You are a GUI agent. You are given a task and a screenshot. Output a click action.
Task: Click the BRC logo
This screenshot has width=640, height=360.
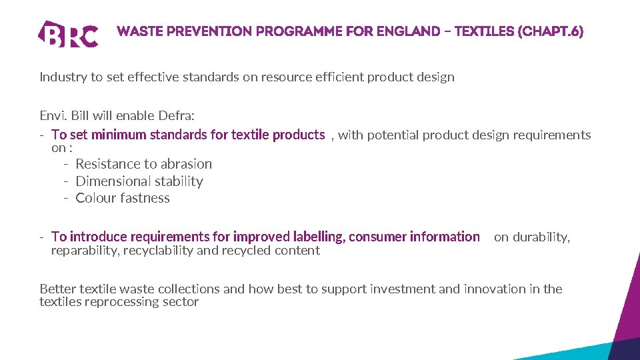pos(69,33)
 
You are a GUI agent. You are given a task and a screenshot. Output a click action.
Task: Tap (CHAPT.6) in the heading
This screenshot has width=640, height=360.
pos(551,31)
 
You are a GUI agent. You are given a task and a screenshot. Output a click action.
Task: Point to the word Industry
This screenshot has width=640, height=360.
pos(63,77)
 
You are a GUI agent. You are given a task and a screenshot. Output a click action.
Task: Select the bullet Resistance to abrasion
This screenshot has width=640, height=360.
pos(143,164)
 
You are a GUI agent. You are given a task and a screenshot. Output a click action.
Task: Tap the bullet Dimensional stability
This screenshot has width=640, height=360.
pos(139,181)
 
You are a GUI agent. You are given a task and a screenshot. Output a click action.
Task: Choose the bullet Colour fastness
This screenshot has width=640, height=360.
pos(123,198)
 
